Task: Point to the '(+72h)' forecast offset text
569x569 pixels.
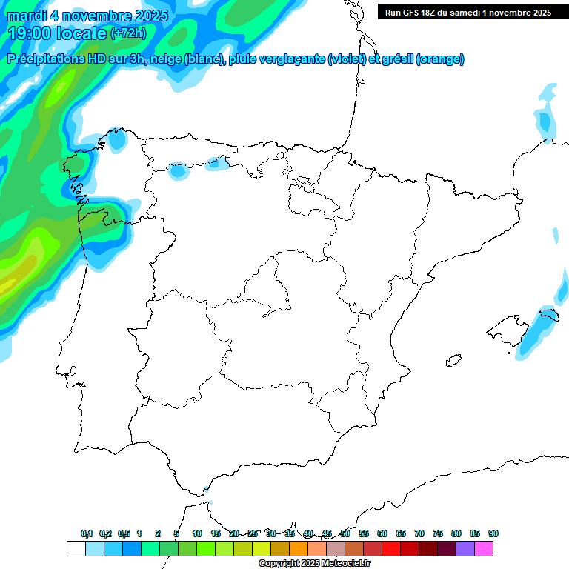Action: pos(129,33)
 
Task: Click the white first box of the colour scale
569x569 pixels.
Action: pos(76,549)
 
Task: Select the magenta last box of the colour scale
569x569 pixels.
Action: pos(484,549)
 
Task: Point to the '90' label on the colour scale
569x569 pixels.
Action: pos(493,534)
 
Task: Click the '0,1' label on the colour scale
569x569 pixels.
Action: pos(86,534)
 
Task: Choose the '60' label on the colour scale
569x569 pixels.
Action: pos(382,534)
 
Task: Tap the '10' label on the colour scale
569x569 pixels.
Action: pos(197,534)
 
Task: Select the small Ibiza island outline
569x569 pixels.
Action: pos(453,362)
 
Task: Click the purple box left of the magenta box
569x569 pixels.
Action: pos(465,549)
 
